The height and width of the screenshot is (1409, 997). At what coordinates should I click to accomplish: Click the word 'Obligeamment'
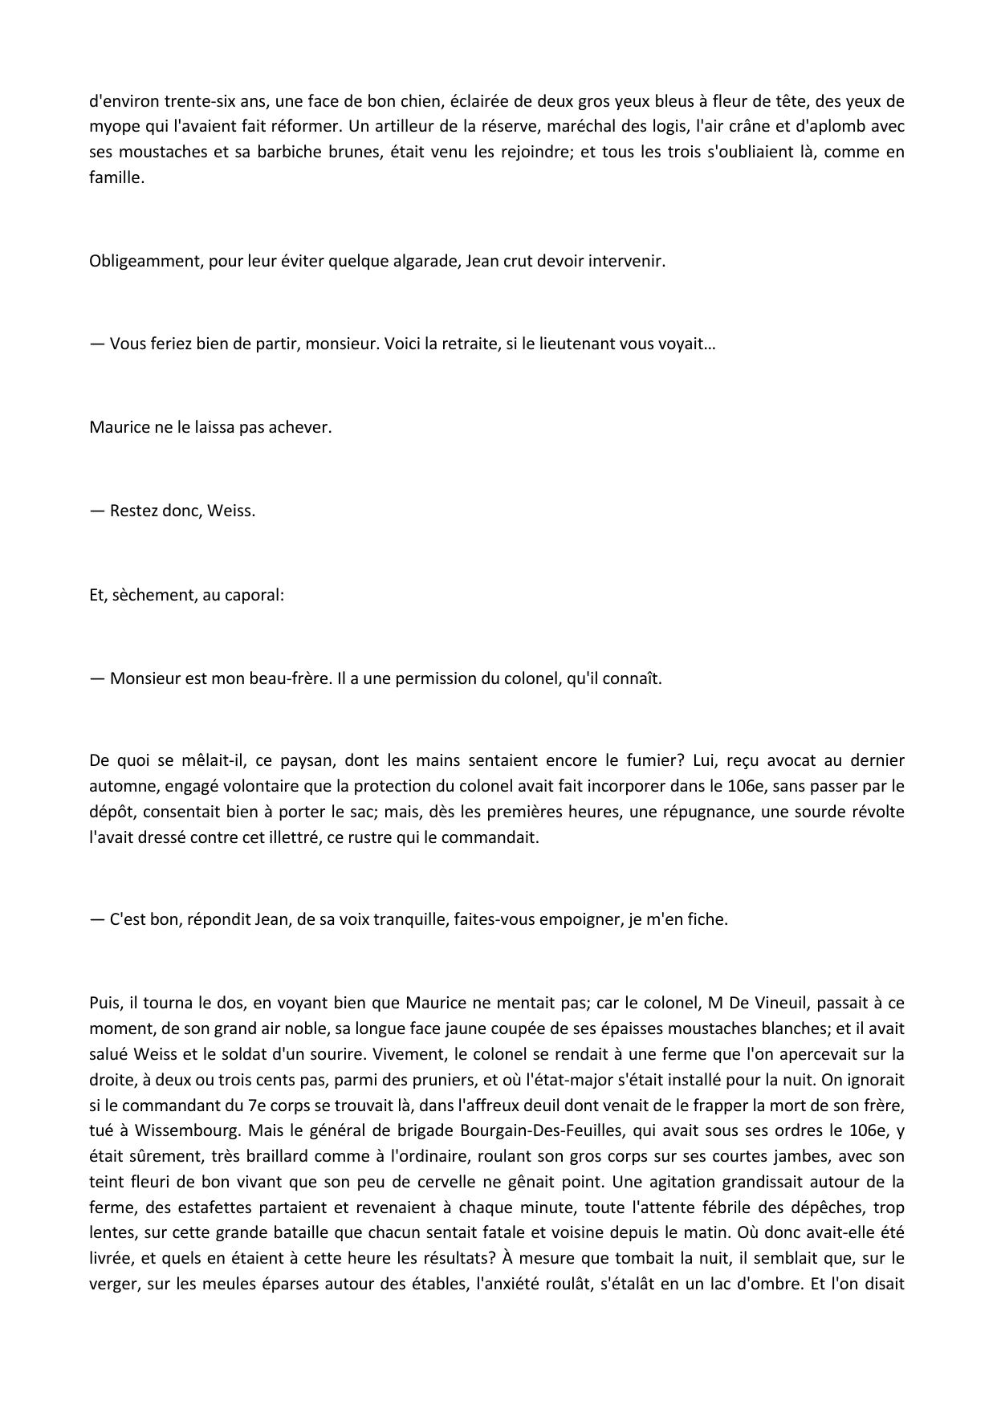[145, 261]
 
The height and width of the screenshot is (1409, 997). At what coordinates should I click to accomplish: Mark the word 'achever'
[304, 427]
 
